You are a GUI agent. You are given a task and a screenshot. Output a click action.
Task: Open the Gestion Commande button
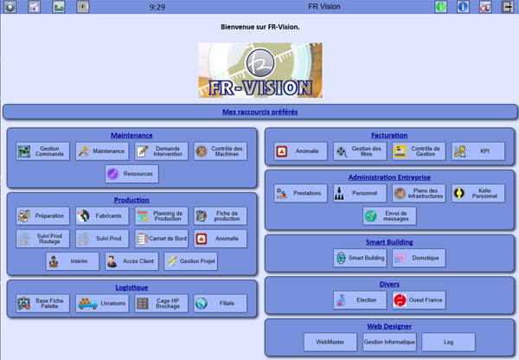tap(42, 151)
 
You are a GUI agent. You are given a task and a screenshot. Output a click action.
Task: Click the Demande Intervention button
tap(161, 151)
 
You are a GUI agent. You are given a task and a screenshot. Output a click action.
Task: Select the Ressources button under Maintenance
tap(131, 174)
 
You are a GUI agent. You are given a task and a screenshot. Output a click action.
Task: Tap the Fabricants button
tap(101, 215)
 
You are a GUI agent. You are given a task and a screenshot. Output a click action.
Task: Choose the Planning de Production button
tap(161, 215)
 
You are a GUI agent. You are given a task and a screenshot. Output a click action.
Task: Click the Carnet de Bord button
tap(161, 238)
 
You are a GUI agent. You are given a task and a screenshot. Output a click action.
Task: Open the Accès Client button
tap(131, 260)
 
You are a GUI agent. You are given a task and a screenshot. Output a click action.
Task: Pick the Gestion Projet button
tap(190, 260)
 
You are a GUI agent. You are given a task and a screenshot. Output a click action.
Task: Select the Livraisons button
tap(101, 303)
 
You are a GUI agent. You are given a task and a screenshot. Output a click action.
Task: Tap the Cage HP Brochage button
tap(161, 303)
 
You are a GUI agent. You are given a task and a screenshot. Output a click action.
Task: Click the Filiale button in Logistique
tap(220, 303)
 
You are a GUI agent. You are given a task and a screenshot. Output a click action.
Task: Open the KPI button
tap(477, 151)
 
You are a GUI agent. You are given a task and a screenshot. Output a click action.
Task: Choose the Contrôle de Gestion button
tap(419, 151)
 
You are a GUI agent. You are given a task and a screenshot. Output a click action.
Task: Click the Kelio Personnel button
tap(477, 193)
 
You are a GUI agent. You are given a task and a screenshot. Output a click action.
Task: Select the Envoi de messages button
tap(389, 215)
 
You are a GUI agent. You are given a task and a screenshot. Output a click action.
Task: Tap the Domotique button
tap(419, 257)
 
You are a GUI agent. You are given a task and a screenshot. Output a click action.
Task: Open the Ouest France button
tap(419, 300)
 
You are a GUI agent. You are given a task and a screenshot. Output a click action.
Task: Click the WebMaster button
tap(330, 342)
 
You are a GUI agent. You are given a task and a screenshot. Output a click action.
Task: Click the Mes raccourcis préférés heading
tap(259, 112)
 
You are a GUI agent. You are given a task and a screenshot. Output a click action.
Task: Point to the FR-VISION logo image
tap(259, 70)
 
